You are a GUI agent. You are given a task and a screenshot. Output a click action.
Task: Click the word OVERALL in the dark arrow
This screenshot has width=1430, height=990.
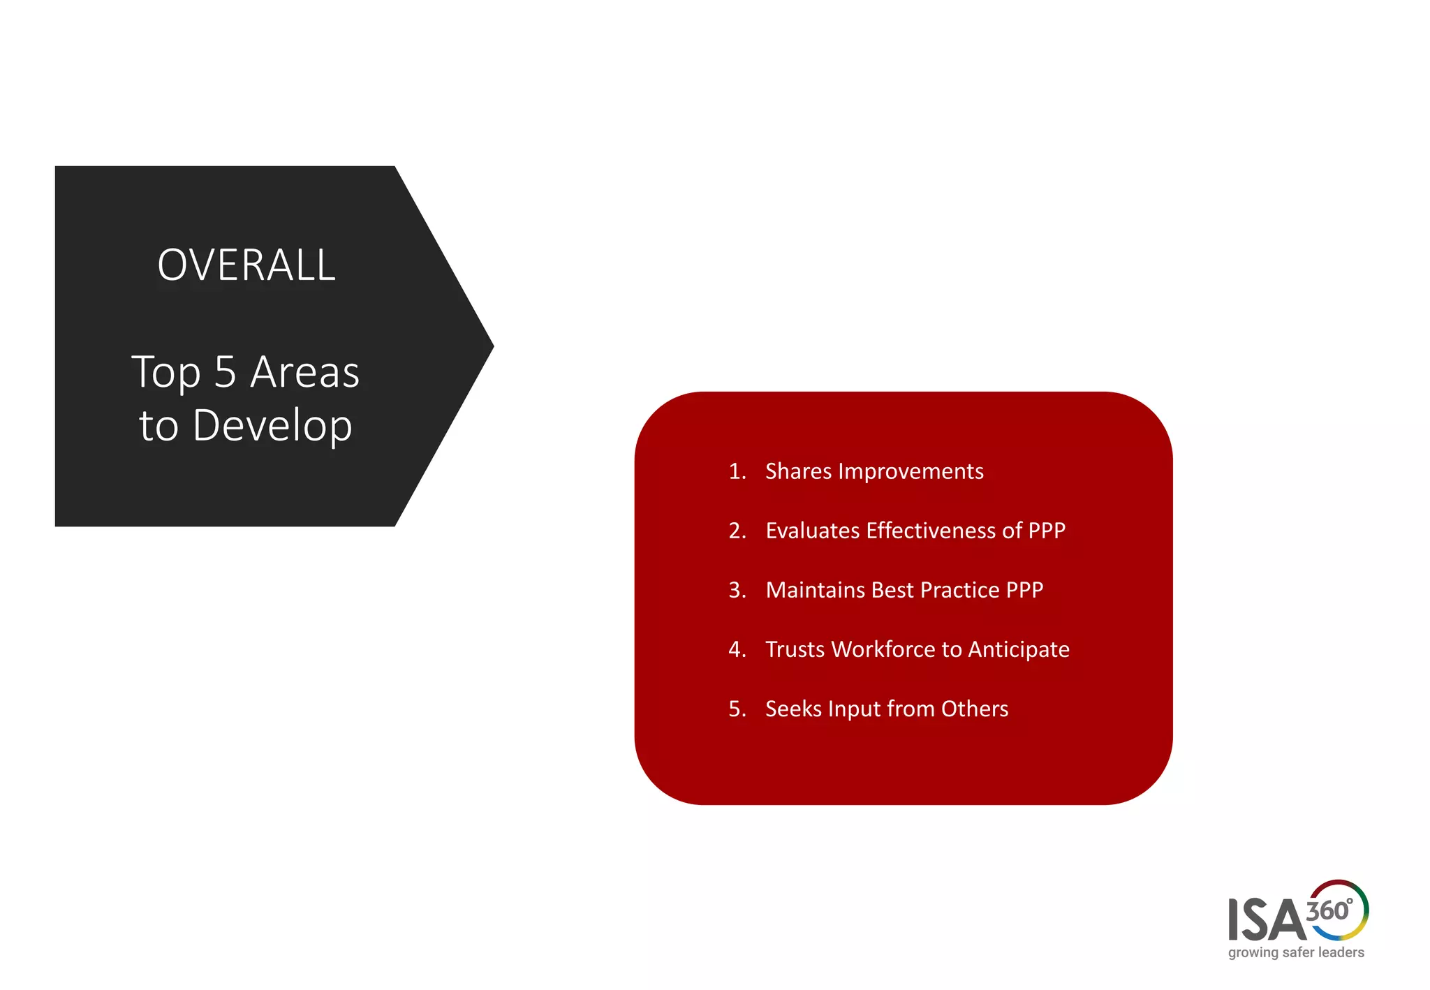click(246, 265)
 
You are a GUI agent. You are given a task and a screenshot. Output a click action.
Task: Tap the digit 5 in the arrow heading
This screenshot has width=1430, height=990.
click(225, 372)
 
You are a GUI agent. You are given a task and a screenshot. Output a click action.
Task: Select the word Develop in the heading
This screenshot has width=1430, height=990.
click(272, 426)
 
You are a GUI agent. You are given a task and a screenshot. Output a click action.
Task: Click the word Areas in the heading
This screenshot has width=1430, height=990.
click(304, 372)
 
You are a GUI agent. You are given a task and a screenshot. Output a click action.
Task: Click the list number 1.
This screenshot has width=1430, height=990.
click(737, 471)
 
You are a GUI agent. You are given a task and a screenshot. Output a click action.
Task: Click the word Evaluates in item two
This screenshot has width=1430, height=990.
click(812, 531)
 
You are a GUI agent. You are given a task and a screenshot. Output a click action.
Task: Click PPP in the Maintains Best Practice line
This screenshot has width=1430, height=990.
click(1024, 590)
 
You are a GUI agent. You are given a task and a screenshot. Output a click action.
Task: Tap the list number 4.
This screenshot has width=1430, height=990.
click(737, 649)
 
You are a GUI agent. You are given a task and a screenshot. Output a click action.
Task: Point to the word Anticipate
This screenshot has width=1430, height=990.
click(1019, 650)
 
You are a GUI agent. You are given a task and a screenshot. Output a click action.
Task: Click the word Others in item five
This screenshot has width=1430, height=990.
click(975, 709)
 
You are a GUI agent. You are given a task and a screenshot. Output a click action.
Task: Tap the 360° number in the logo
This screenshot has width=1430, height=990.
click(1329, 910)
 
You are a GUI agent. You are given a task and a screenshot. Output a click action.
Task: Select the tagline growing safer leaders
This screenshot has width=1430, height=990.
click(1296, 952)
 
